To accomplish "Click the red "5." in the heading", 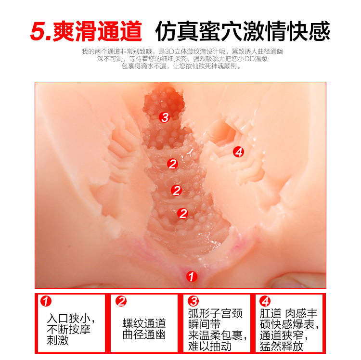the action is click(x=40, y=32).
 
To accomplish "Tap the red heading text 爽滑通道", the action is click(x=97, y=31).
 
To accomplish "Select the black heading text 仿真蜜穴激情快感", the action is click(x=243, y=31).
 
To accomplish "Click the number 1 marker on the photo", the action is click(x=192, y=276).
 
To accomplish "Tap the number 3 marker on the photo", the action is click(x=165, y=117).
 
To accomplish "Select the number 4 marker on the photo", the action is click(x=239, y=152).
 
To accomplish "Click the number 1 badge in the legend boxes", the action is click(x=46, y=301).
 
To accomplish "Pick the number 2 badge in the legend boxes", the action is click(x=121, y=301).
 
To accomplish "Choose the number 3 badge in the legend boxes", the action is click(x=193, y=301).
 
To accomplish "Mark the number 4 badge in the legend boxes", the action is click(x=265, y=301).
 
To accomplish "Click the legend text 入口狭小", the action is click(x=68, y=319).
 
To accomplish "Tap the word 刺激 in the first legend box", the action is click(x=58, y=340).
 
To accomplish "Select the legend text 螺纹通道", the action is click(x=144, y=323).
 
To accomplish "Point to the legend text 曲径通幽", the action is click(x=144, y=334).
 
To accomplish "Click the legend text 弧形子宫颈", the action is click(x=215, y=313).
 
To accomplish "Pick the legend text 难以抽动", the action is click(x=210, y=346).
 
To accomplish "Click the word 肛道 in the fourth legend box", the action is click(x=271, y=313).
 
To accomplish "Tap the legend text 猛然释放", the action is click(x=282, y=346).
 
